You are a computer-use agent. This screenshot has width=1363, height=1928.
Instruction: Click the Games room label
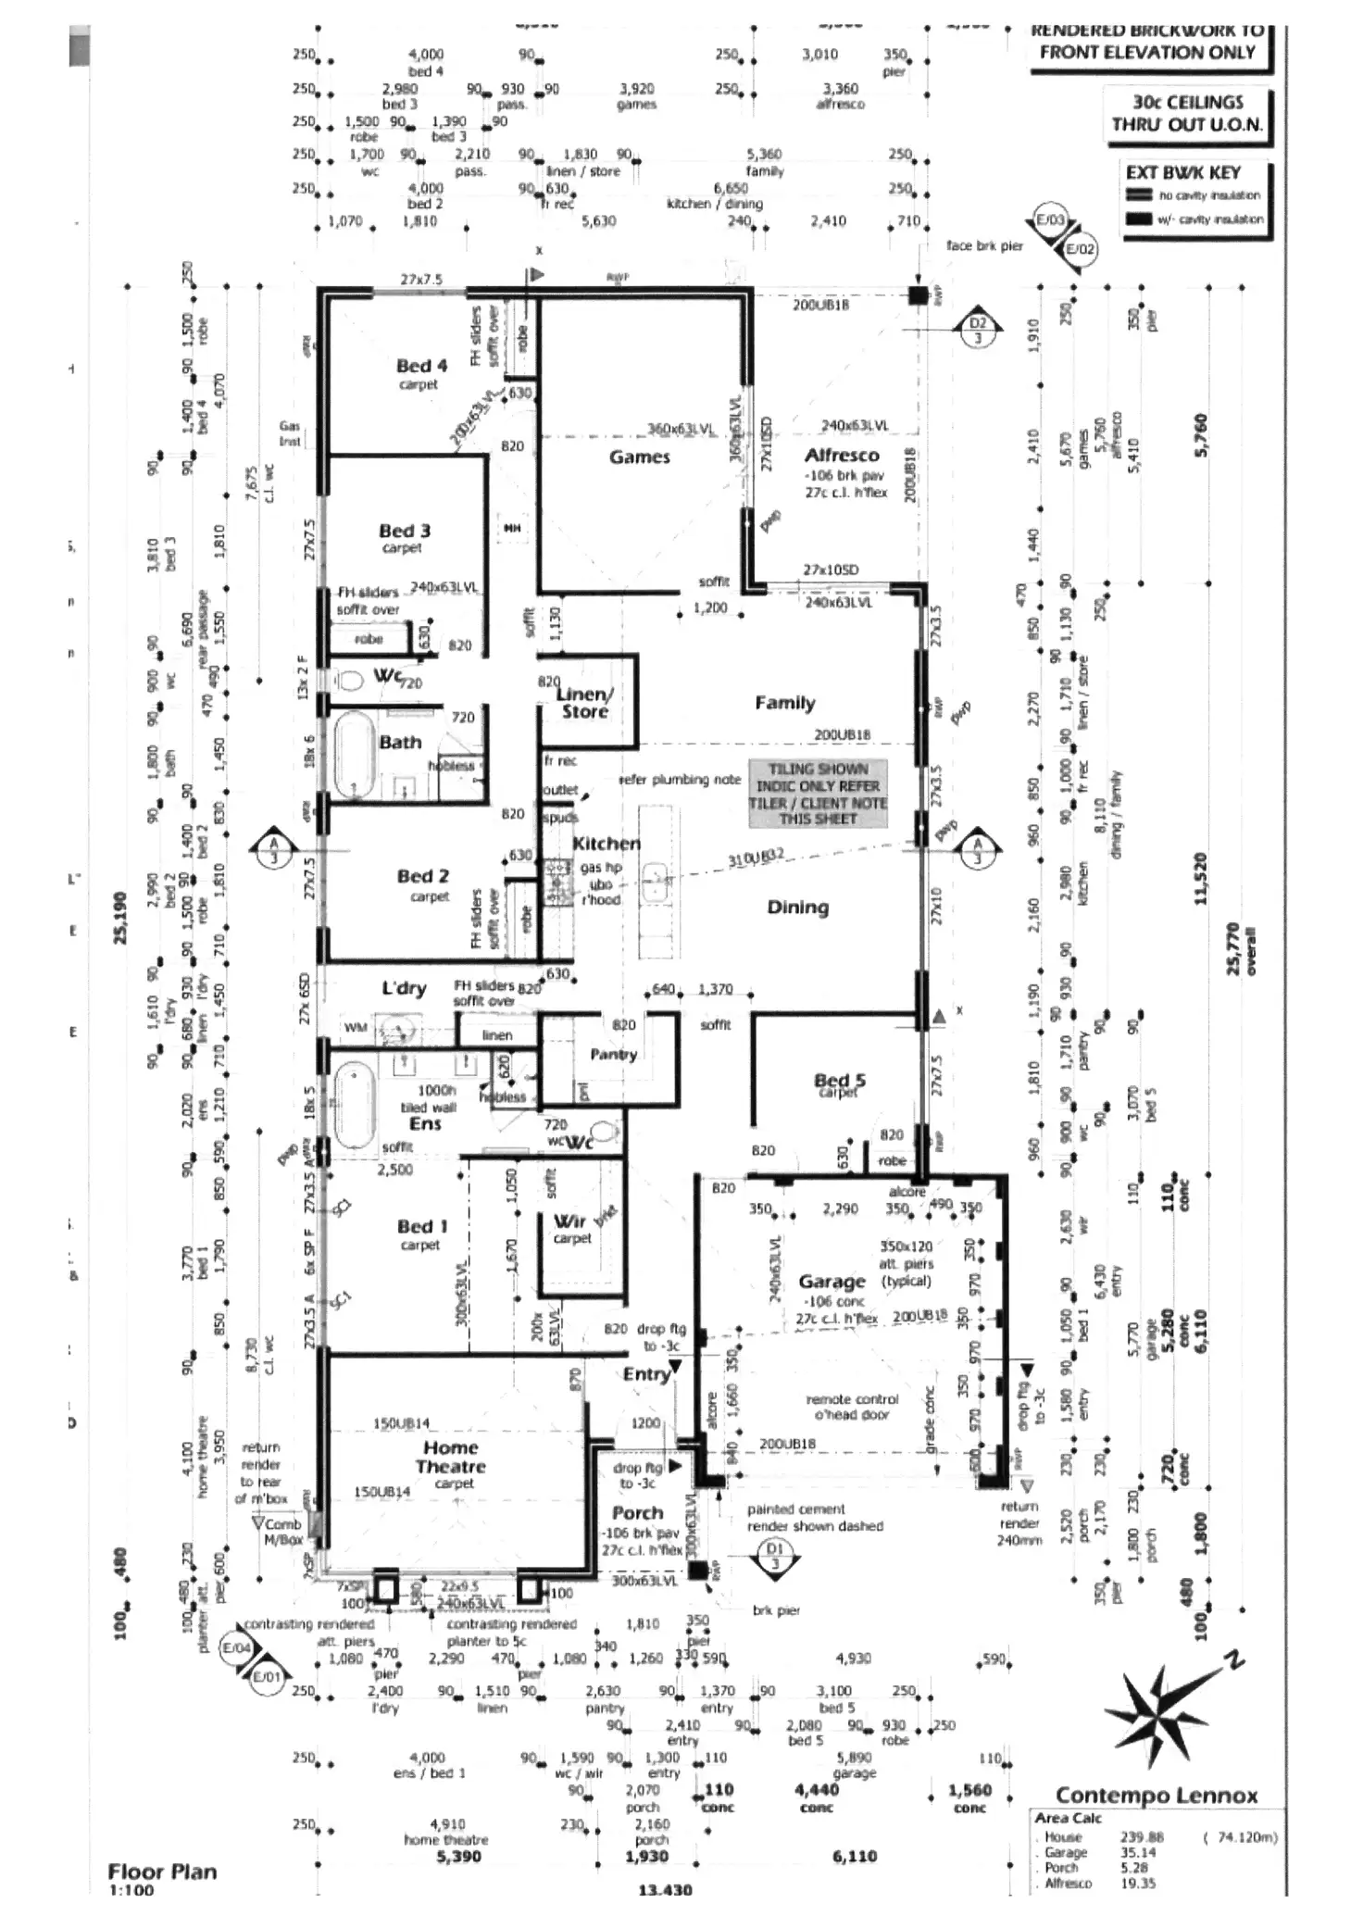[x=639, y=457]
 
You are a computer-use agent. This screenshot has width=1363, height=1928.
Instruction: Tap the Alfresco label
[x=841, y=455]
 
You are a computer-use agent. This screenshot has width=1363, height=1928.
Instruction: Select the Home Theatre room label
[x=451, y=1457]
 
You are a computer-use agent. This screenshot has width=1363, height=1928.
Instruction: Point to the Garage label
[x=832, y=1282]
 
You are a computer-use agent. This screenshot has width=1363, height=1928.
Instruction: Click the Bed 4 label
[x=421, y=366]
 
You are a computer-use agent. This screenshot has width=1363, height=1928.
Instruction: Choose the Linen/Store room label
[x=585, y=703]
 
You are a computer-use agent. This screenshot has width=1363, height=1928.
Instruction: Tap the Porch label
[x=638, y=1512]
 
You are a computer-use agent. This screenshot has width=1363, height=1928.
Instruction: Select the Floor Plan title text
[x=162, y=1871]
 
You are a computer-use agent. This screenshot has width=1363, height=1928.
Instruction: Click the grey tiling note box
[x=818, y=794]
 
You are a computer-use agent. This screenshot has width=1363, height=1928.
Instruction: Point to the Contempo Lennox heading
[x=1156, y=1796]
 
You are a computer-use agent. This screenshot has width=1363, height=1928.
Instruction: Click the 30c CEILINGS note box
[x=1188, y=114]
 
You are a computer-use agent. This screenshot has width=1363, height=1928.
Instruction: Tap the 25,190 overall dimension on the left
[x=120, y=918]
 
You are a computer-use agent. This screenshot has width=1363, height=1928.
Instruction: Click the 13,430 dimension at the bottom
[x=665, y=1915]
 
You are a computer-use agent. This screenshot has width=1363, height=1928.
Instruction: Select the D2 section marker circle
[x=979, y=324]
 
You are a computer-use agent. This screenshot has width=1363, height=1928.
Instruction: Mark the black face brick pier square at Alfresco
[x=917, y=295]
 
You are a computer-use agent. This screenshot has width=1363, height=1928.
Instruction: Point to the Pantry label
[x=613, y=1054]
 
